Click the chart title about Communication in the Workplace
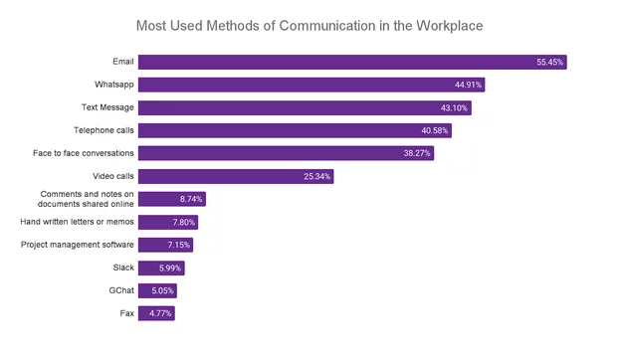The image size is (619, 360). click(x=309, y=23)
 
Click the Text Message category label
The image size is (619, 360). click(x=107, y=107)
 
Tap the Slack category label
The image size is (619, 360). click(x=122, y=268)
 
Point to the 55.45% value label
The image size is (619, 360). click(x=549, y=62)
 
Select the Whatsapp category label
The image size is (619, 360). click(x=111, y=85)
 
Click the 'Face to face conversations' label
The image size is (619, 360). click(x=83, y=153)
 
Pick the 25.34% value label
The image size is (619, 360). click(x=316, y=176)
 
